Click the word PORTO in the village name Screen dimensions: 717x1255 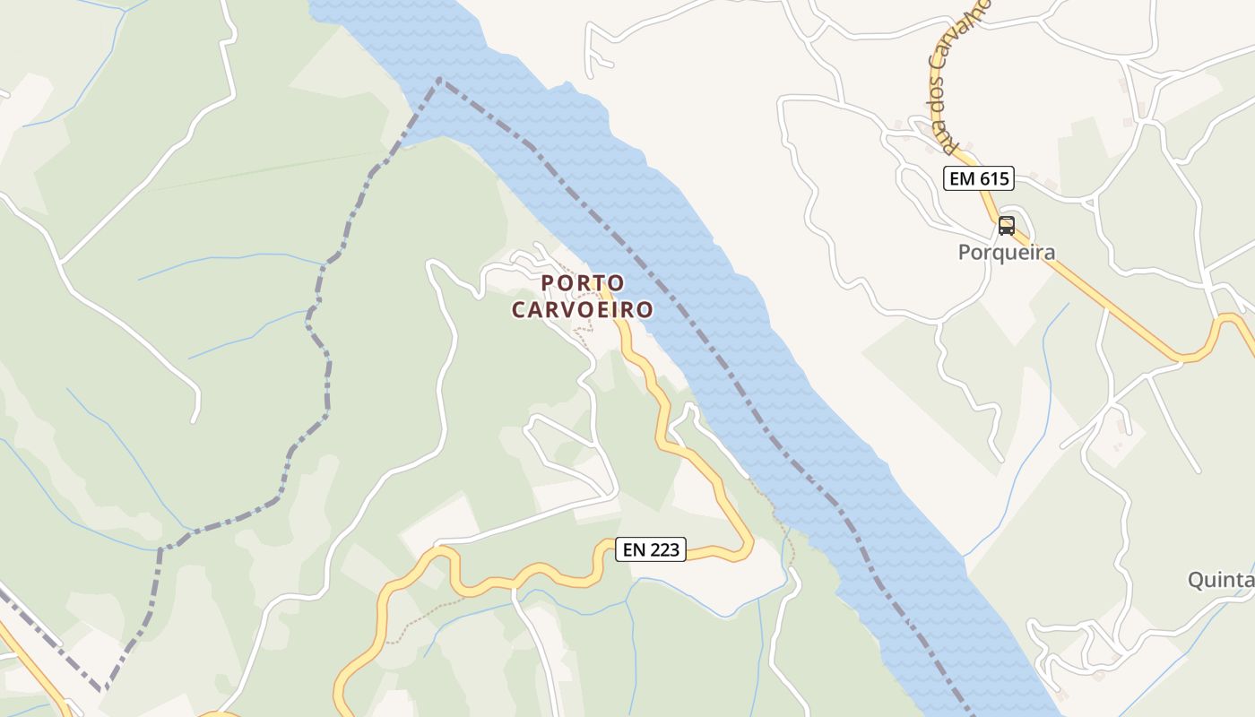click(x=583, y=283)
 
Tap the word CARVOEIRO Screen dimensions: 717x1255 click(x=583, y=310)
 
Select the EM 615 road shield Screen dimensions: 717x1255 click(x=978, y=178)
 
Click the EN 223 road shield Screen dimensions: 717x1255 click(x=651, y=549)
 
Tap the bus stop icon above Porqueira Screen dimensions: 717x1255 click(x=1007, y=226)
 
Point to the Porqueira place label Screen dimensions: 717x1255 click(x=1007, y=253)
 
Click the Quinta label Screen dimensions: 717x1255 click(x=1221, y=580)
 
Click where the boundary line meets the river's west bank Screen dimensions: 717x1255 click(x=440, y=80)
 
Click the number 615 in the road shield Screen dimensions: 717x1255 click(x=993, y=178)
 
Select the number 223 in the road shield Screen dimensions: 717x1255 click(x=666, y=549)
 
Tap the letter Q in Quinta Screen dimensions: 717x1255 click(x=1196, y=580)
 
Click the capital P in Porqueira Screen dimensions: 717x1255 click(x=965, y=253)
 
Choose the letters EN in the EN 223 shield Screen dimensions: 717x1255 click(x=634, y=549)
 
